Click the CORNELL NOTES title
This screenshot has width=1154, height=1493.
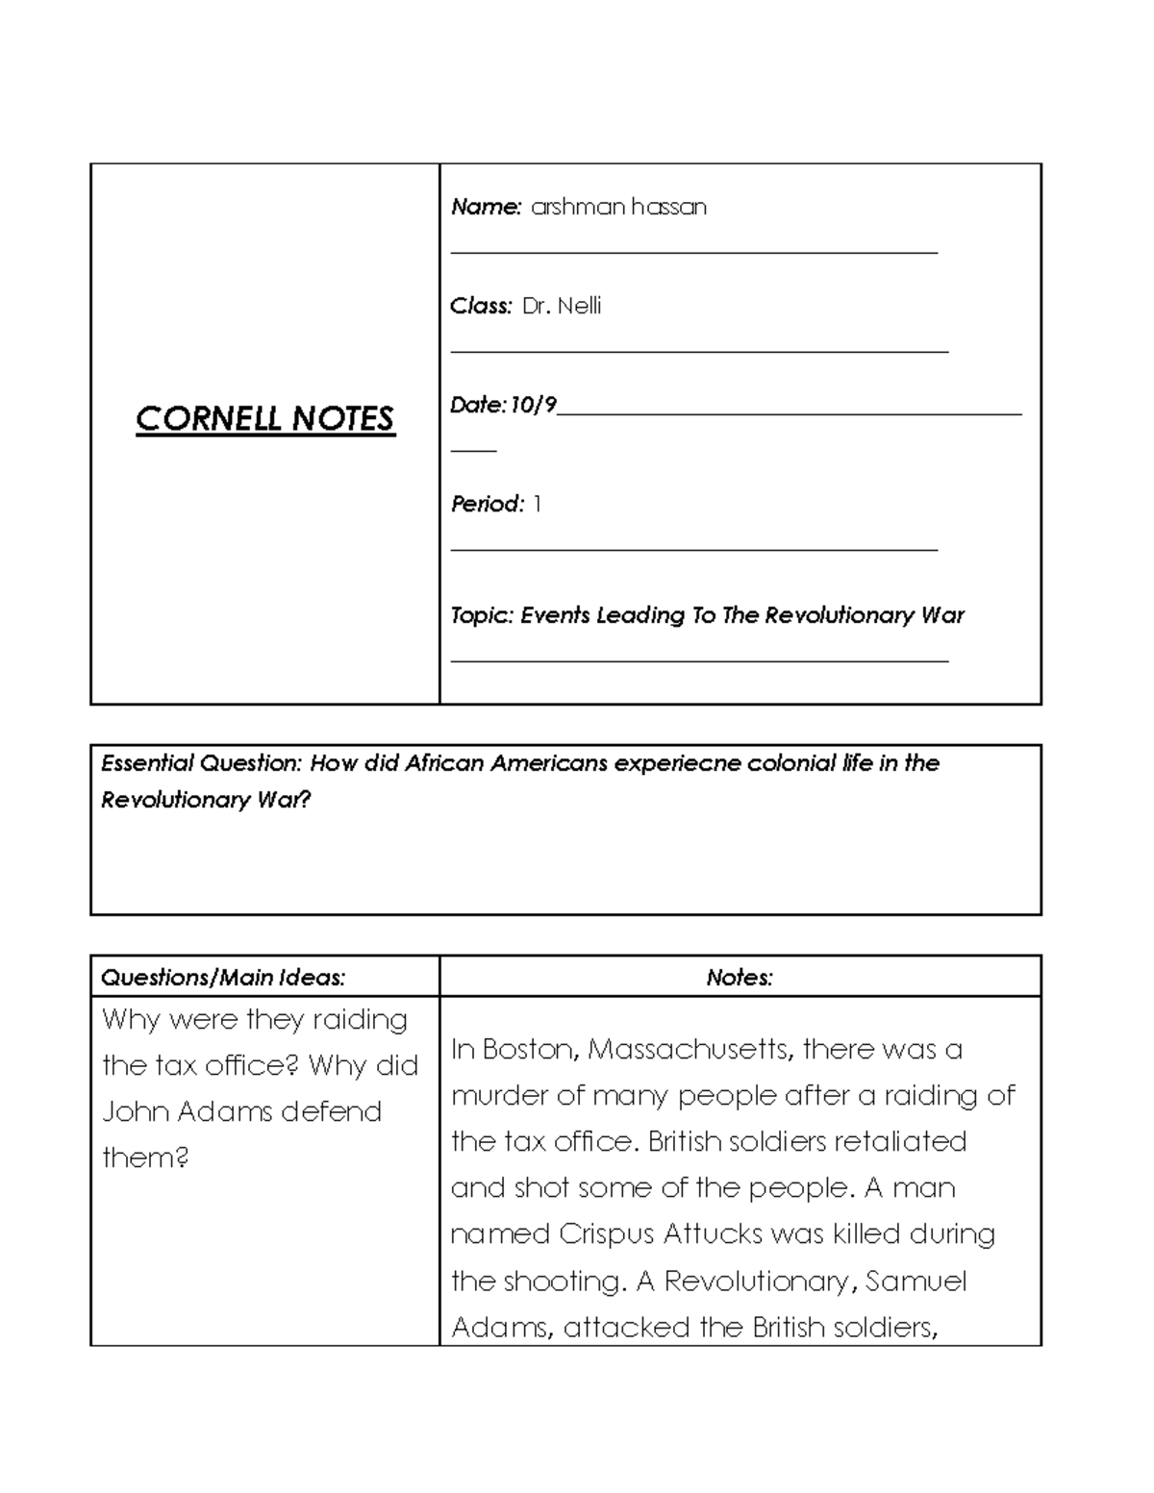pos(264,419)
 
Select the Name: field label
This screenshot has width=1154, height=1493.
pos(486,207)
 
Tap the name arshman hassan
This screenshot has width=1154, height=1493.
pos(618,207)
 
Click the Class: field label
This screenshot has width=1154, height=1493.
pos(481,306)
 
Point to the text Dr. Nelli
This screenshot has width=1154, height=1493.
pos(562,306)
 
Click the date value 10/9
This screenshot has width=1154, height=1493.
pos(534,405)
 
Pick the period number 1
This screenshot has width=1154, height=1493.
pos(537,504)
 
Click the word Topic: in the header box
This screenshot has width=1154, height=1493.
pos(482,615)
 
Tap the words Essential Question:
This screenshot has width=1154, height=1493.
pos(201,763)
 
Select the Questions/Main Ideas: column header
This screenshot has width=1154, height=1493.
pos(223,978)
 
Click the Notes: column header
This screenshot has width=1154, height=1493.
pos(740,978)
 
